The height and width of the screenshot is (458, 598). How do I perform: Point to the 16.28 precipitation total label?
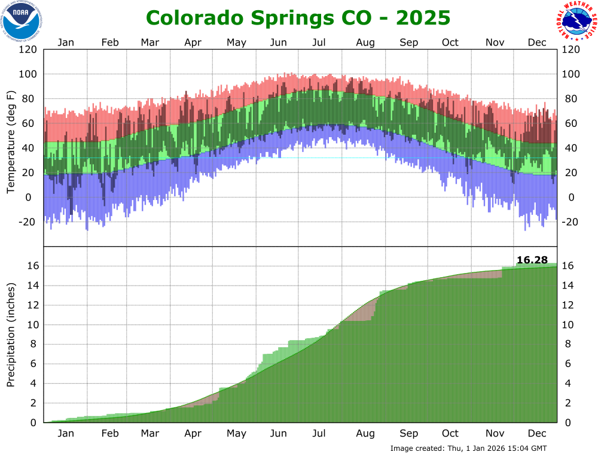pos(532,259)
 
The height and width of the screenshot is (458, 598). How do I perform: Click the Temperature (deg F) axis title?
pos(10,142)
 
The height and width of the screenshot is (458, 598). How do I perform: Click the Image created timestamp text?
pos(468,448)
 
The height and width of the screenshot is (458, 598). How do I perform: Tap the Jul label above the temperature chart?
pos(319,43)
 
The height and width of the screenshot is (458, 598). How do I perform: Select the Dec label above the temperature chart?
pos(537,43)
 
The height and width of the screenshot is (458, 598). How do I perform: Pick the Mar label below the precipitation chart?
pos(149,433)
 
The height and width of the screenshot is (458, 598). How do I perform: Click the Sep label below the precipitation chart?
pos(409,433)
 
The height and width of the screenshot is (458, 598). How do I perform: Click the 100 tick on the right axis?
pos(571,74)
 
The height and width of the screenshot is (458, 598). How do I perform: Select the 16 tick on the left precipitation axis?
pos(32,266)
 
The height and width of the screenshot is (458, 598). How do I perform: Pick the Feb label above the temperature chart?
pos(110,43)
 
